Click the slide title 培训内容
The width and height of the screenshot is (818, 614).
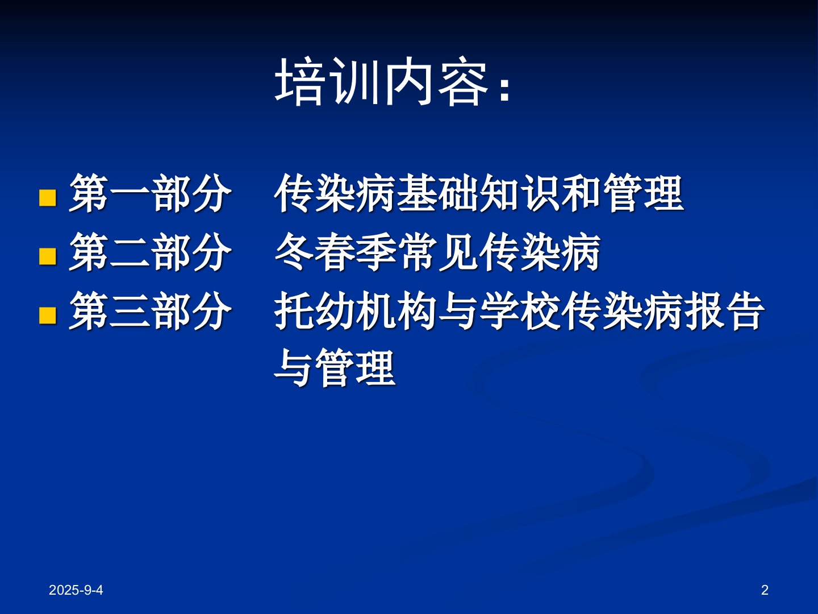pyautogui.click(x=382, y=81)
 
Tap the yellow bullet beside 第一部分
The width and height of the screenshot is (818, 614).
pyautogui.click(x=48, y=198)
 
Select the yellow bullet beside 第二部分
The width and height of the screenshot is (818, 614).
pyautogui.click(x=48, y=256)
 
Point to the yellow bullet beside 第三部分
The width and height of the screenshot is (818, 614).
pyautogui.click(x=48, y=316)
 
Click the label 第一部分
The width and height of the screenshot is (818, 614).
pyautogui.click(x=150, y=194)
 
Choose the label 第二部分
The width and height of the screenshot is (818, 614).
pyautogui.click(x=150, y=252)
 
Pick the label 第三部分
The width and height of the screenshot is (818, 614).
pyautogui.click(x=150, y=312)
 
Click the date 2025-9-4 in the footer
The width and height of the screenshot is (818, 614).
pyautogui.click(x=76, y=590)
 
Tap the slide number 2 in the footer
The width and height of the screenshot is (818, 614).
pyautogui.click(x=765, y=590)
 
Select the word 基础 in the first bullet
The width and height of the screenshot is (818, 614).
pyautogui.click(x=438, y=194)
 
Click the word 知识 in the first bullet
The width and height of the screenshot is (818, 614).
pyautogui.click(x=520, y=194)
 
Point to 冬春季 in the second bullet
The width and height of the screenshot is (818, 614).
pyautogui.click(x=335, y=252)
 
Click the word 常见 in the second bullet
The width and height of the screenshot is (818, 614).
pyautogui.click(x=438, y=252)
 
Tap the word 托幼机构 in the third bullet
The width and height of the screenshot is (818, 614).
pyautogui.click(x=356, y=312)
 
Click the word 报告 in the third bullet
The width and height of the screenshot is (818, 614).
pyautogui.click(x=724, y=312)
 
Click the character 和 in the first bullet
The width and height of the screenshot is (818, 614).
pyautogui.click(x=582, y=194)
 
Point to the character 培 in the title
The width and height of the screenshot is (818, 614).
pyautogui.click(x=298, y=81)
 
